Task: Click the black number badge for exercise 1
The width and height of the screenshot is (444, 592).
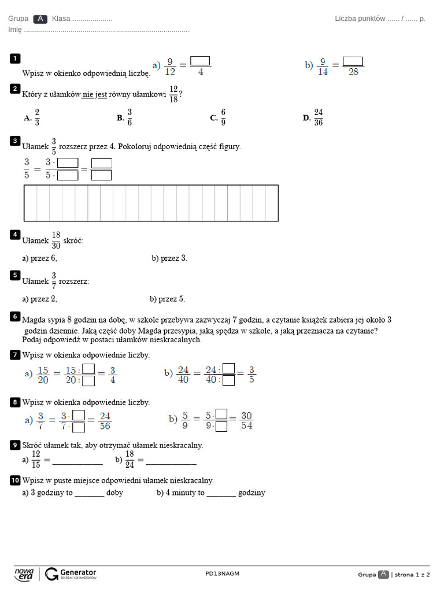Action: pos(14,58)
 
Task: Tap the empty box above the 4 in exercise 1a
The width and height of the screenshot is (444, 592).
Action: pos(200,61)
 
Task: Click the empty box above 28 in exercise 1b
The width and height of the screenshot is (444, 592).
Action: pos(353,61)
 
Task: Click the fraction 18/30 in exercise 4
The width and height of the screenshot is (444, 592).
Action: pos(55,240)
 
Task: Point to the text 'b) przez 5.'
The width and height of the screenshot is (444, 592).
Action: pos(167,299)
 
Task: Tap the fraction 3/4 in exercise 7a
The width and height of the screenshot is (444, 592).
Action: pos(112,375)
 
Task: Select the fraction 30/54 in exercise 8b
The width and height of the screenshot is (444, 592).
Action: pos(246,420)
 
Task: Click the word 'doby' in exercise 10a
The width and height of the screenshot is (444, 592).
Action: pos(114,493)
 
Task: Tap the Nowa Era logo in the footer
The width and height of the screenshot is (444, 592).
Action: pos(24,573)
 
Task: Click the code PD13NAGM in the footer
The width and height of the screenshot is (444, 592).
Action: pos(222,573)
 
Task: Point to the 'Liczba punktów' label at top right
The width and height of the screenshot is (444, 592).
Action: pos(360,18)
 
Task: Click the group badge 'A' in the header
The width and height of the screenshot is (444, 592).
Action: pos(40,18)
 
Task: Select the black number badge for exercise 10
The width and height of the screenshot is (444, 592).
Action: pos(15,480)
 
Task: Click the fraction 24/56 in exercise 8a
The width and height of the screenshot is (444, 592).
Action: pos(105,420)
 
